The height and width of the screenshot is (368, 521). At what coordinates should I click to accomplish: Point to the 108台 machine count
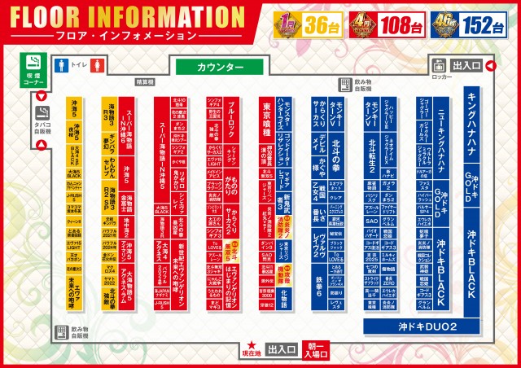pos(403,24)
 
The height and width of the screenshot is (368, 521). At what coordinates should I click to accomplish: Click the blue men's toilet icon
pos(59,64)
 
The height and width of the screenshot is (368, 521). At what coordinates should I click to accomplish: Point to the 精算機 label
pos(145,82)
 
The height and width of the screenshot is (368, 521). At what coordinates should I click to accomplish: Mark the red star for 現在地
pos(253,344)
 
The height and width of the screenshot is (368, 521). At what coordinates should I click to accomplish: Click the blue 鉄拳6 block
pos(319,281)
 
